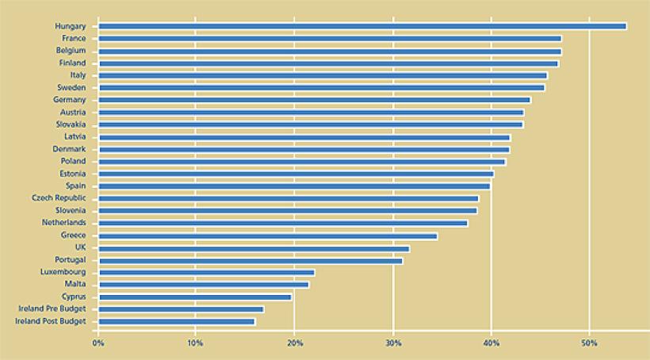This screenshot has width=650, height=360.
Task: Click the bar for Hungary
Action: click(362, 26)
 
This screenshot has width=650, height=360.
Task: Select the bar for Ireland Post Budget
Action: click(177, 321)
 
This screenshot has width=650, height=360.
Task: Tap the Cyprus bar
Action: click(195, 297)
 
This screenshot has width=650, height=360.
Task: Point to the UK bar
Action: click(254, 247)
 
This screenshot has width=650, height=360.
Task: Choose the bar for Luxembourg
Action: click(206, 272)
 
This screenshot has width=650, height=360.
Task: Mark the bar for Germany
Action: click(315, 100)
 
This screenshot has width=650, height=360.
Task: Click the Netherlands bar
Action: click(283, 223)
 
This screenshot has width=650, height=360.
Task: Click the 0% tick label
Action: click(98, 343)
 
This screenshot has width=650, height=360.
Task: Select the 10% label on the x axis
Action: click(196, 343)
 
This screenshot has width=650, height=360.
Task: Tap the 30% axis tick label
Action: click(392, 343)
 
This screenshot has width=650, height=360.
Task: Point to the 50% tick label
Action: click(589, 343)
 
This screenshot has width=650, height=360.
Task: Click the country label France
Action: click(74, 38)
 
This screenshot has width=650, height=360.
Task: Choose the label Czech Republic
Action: click(59, 198)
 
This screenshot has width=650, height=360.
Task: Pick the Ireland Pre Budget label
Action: click(52, 309)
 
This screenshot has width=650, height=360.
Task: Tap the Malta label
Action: click(75, 284)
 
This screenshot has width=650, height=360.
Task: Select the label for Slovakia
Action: click(71, 124)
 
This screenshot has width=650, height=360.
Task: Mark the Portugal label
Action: click(71, 259)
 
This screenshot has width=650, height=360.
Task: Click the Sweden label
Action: click(71, 87)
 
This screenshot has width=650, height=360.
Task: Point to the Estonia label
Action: click(72, 174)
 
